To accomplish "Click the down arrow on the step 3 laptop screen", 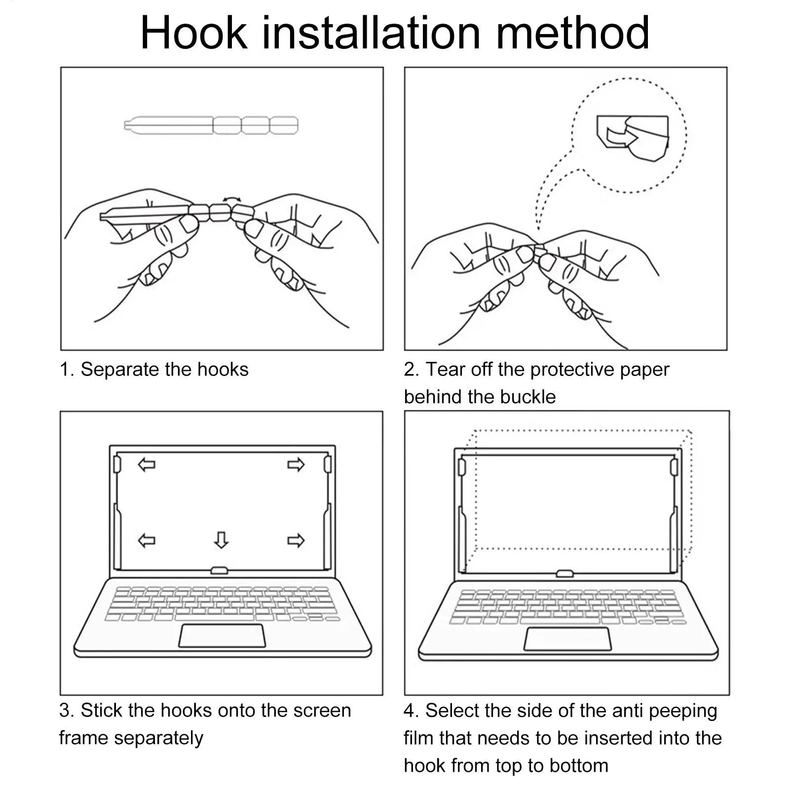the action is (x=221, y=539).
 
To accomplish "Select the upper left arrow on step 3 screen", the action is (x=147, y=464).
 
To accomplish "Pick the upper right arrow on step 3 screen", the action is (x=296, y=464).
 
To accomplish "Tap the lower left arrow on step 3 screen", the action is (x=147, y=540).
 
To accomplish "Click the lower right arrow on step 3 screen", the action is (x=296, y=540).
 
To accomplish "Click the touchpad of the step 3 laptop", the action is (x=222, y=635).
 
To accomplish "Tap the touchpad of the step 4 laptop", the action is (x=567, y=639).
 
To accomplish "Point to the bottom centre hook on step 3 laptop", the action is (x=219, y=570).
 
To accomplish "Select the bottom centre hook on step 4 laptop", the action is (x=564, y=573).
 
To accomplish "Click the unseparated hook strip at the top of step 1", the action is (x=211, y=125).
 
